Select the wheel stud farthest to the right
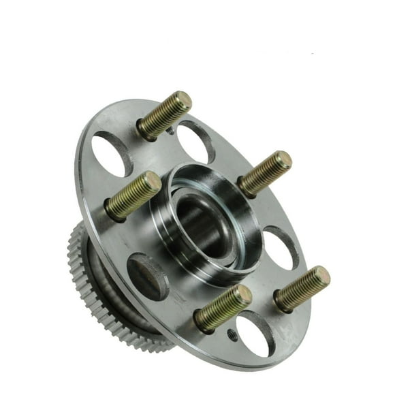[x=302, y=288]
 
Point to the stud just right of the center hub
[x=265, y=174]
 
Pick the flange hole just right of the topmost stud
[x=197, y=140]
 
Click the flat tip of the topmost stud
[x=183, y=100]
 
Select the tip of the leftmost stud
[x=153, y=182]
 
